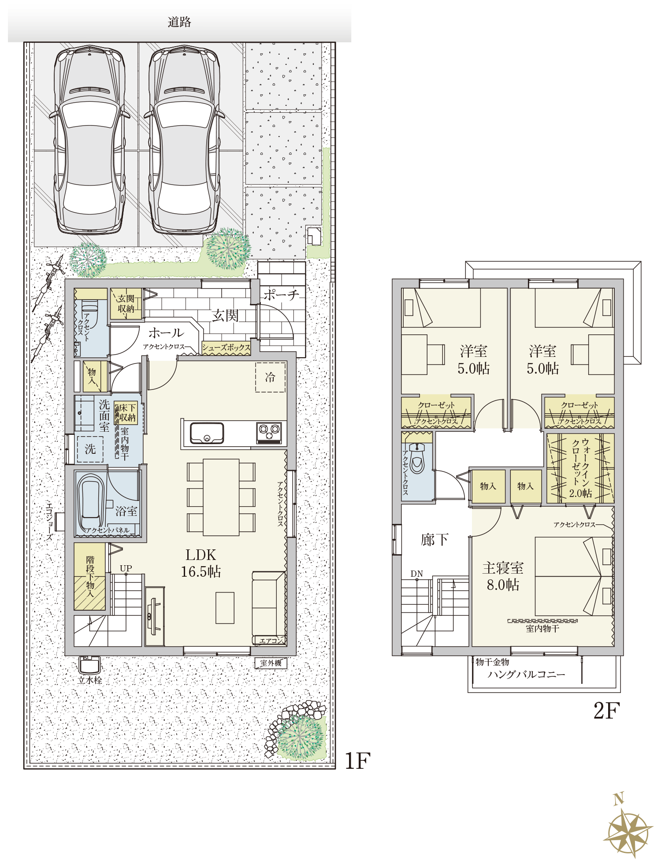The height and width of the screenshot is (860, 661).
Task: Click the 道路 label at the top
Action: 179,22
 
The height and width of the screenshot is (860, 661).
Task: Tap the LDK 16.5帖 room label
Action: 201,563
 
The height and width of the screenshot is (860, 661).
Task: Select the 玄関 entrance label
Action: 225,315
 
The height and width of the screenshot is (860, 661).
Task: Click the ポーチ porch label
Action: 281,295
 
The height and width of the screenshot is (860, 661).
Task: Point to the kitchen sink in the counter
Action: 207,433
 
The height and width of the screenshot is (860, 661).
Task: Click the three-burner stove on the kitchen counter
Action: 269,433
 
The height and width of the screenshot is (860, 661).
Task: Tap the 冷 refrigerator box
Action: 270,377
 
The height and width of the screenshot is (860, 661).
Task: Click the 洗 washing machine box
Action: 90,449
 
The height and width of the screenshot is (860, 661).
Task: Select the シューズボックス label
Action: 226,348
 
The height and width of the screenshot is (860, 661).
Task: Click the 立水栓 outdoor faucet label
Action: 90,680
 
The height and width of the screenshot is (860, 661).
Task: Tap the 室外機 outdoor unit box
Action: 271,663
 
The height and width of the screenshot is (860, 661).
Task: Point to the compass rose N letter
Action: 619,798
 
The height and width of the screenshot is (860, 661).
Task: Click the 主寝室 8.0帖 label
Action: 503,576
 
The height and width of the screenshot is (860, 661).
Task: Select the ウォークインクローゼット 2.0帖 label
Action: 580,468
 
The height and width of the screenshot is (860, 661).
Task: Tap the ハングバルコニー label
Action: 526,674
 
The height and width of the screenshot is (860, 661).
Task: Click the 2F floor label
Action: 606,711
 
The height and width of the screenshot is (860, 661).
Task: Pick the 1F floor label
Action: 357,761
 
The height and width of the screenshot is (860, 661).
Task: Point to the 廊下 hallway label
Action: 434,540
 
